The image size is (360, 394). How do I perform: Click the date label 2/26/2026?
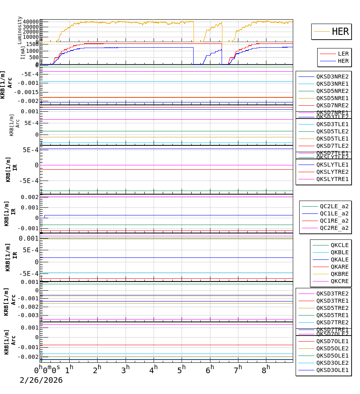(41, 380)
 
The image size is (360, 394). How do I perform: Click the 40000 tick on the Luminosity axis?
(31, 22)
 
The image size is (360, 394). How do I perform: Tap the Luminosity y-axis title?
(20, 30)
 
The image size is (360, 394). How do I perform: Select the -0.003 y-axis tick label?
(31, 315)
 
